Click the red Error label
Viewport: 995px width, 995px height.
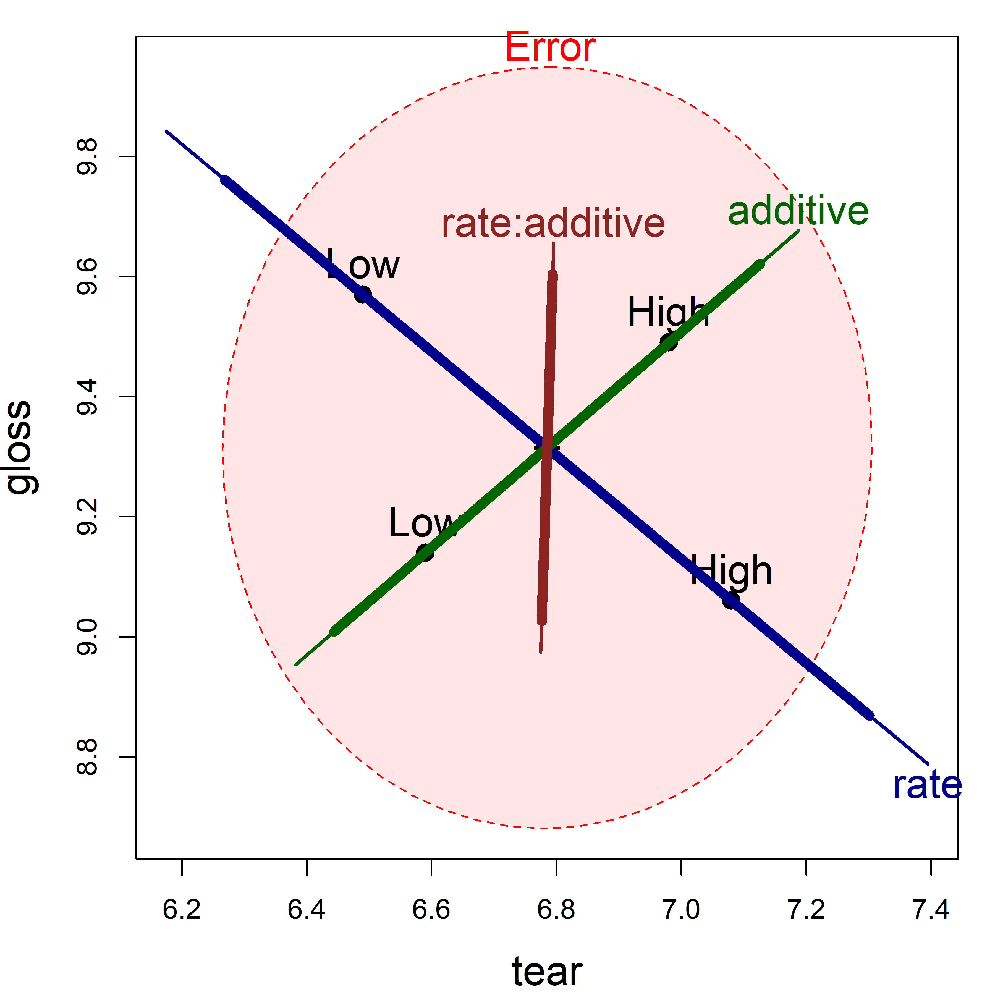550,47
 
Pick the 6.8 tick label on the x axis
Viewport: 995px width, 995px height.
556,910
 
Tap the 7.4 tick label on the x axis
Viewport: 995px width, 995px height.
930,910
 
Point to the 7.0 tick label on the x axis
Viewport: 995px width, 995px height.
681,910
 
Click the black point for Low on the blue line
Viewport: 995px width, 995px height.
363,295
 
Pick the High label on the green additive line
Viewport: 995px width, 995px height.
668,313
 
